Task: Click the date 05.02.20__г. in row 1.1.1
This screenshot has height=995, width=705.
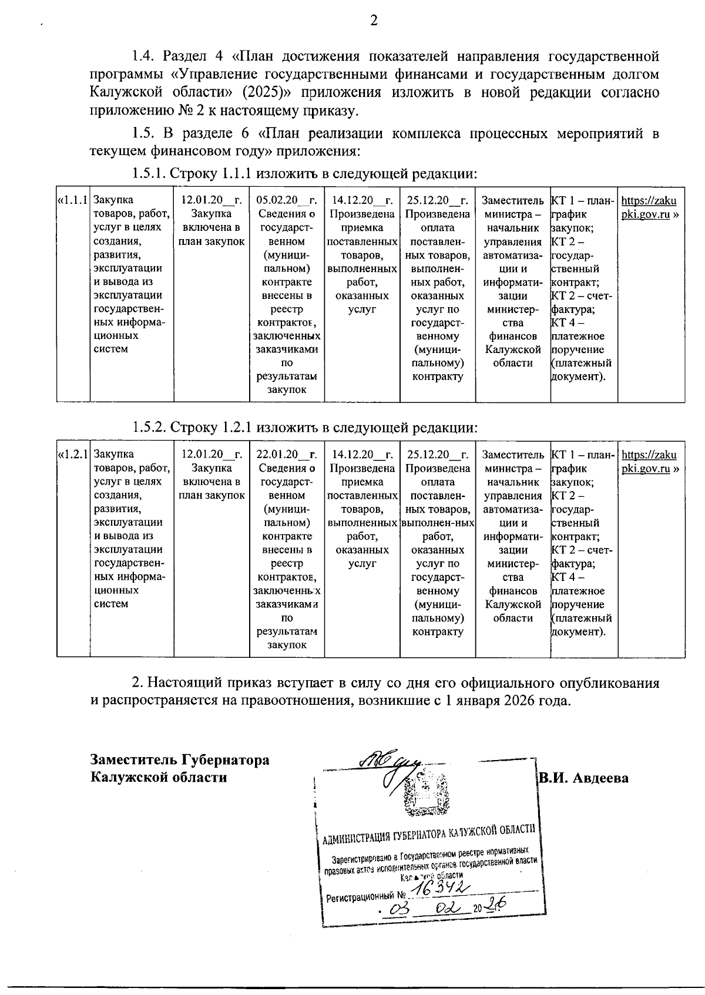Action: tap(287, 200)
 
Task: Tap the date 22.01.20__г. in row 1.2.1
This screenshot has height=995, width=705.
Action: tap(287, 455)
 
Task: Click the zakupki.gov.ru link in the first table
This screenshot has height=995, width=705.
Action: tap(650, 207)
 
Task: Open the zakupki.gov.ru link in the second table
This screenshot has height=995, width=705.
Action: tap(650, 462)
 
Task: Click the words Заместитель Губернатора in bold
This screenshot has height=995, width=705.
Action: tap(180, 759)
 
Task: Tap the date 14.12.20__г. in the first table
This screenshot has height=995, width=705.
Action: tap(362, 200)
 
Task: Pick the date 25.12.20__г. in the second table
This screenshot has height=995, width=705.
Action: tap(437, 455)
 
